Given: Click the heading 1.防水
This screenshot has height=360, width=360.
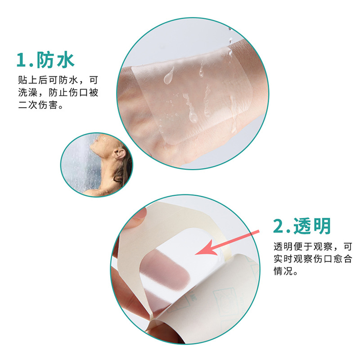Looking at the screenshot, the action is [45, 60].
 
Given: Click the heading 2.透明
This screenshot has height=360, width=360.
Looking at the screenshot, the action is [302, 226].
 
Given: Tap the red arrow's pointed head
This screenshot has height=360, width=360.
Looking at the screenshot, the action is [195, 254].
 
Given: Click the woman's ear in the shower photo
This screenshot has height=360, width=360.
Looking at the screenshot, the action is [120, 153].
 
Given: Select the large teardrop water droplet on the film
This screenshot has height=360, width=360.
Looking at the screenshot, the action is [169, 76].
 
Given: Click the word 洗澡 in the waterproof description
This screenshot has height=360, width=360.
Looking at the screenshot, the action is [28, 92].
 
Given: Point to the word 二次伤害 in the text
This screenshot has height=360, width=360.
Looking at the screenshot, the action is [38, 105].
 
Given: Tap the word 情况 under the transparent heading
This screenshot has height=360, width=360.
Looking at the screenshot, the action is [283, 271].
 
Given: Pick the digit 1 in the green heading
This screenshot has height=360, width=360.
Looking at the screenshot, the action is [21, 60].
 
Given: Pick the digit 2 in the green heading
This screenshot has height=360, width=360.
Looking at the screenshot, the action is [279, 226].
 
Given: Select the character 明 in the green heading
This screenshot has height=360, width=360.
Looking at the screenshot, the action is [323, 226].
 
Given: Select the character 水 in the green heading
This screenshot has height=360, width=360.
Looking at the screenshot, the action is [66, 60].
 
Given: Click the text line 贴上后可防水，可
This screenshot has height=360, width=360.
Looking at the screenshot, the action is [58, 80].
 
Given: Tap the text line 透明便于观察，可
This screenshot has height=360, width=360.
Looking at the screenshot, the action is [313, 247].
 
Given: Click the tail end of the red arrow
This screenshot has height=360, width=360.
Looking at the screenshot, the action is [259, 232].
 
